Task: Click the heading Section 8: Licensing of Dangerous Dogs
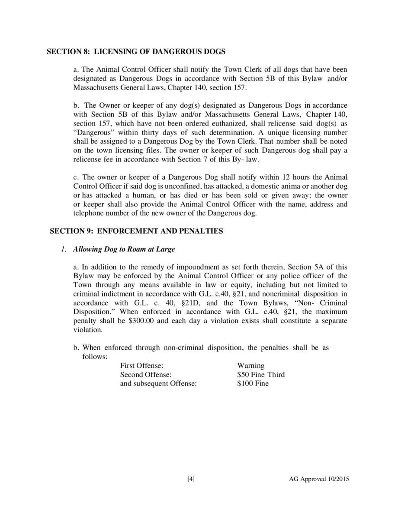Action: [136, 52]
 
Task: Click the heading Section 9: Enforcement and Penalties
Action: [136, 231]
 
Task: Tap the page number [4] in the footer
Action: [191, 479]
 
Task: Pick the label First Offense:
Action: [141, 366]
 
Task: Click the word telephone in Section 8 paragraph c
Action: [89, 213]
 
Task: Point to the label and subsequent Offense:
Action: [158, 383]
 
